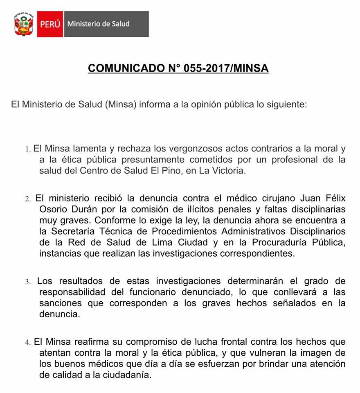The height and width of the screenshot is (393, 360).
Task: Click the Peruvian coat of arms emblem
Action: [x=23, y=24]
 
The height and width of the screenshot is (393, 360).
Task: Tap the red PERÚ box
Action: [x=50, y=24]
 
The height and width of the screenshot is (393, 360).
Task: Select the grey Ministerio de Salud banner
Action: [x=106, y=24]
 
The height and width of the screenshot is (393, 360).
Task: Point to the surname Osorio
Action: [x=54, y=209]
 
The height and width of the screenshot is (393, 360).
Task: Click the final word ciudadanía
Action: [x=127, y=375]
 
